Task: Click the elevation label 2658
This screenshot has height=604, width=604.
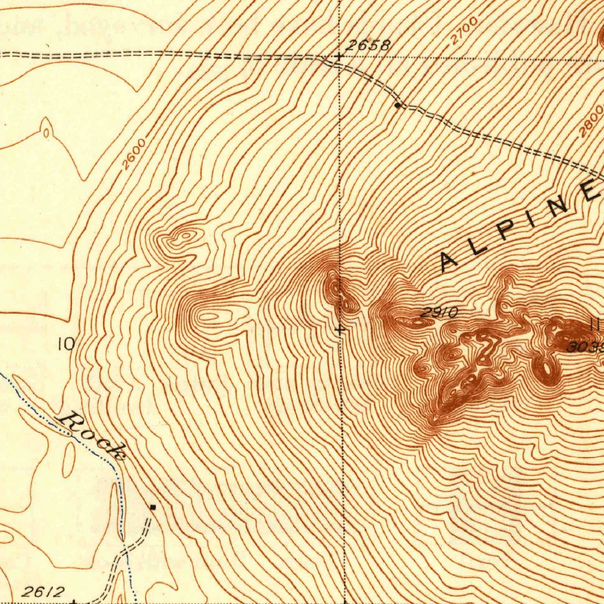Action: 368,45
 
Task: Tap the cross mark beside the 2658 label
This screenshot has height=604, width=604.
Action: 339,57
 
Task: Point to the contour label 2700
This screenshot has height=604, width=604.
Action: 464,31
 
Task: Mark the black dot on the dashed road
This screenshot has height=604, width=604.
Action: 398,106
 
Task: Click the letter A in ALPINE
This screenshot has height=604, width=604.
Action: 451,260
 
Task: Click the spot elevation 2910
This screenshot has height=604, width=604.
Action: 439,313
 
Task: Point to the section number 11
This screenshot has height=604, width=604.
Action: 595,323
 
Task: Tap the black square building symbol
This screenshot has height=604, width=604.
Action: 153,507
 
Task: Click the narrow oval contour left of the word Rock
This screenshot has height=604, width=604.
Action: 69,459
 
